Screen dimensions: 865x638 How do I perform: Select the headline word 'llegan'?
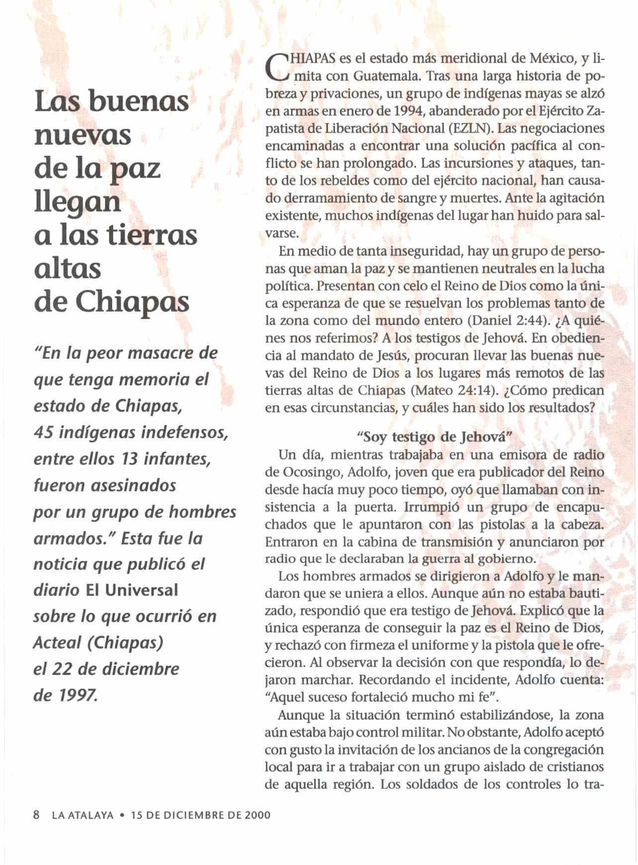[78, 203]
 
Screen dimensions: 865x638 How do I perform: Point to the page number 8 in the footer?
[36, 815]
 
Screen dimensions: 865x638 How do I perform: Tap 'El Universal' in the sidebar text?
[132, 590]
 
